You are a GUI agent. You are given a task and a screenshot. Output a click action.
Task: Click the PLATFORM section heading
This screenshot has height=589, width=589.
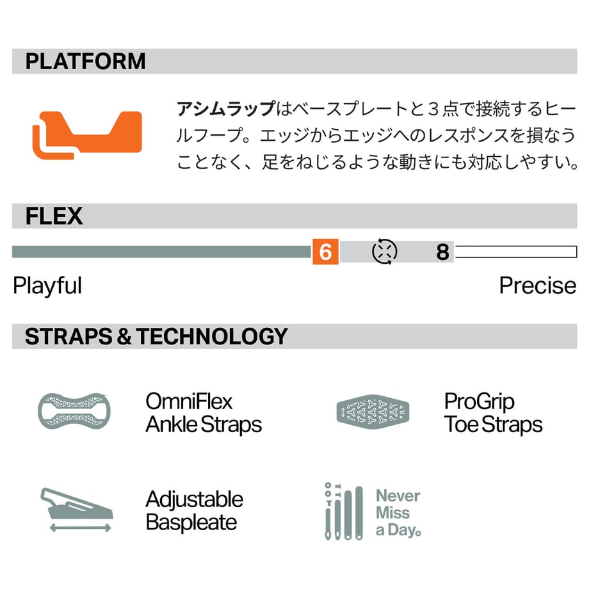pyautogui.click(x=85, y=61)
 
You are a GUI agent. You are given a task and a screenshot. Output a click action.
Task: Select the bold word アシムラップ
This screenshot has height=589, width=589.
pyautogui.click(x=226, y=109)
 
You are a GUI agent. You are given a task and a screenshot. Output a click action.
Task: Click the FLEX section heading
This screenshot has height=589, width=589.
pyautogui.click(x=54, y=216)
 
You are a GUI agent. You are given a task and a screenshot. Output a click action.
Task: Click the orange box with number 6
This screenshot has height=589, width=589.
pyautogui.click(x=325, y=252)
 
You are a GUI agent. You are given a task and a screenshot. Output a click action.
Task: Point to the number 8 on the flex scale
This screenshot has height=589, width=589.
pyautogui.click(x=442, y=252)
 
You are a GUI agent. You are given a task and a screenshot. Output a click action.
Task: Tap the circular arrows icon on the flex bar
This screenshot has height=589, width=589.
pyautogui.click(x=384, y=252)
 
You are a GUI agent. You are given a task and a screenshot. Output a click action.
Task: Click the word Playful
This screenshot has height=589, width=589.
pyautogui.click(x=47, y=286)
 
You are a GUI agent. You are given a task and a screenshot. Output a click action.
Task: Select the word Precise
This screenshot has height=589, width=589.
pyautogui.click(x=538, y=286)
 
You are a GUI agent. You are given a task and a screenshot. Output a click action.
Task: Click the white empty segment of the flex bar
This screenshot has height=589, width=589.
pyautogui.click(x=516, y=252)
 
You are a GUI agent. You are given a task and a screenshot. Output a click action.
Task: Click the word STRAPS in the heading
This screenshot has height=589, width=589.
pyautogui.click(x=69, y=336)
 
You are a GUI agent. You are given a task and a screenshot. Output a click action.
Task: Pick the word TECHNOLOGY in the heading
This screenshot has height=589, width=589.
pyautogui.click(x=212, y=336)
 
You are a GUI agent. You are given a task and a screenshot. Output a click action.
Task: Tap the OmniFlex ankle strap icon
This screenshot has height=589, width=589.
pyautogui.click(x=74, y=411)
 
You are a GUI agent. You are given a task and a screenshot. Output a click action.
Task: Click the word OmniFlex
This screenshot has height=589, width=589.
pyautogui.click(x=189, y=401)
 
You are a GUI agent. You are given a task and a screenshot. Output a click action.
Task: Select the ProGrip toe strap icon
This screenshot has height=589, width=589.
pyautogui.click(x=373, y=411)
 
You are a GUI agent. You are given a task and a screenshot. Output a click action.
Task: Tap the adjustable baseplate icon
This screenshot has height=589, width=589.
pyautogui.click(x=77, y=510)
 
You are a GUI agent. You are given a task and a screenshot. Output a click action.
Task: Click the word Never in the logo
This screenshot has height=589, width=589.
pyautogui.click(x=398, y=496)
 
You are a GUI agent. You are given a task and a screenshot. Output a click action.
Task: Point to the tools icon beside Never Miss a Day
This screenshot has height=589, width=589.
pyautogui.click(x=344, y=512)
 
